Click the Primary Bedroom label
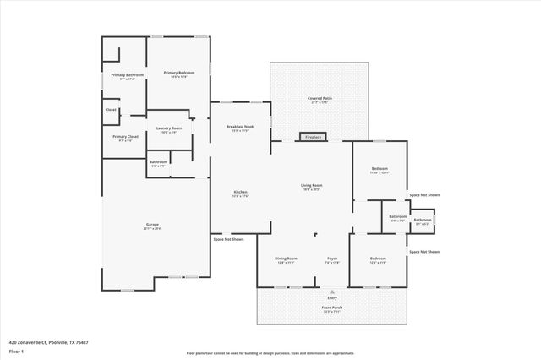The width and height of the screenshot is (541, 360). point(179,73)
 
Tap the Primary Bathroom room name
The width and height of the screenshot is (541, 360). point(128,75)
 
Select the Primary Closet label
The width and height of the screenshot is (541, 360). point(125,136)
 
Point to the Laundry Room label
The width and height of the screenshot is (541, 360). point(169,128)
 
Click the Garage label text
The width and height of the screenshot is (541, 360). point(151,224)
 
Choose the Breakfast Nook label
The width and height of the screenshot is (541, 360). point(241,127)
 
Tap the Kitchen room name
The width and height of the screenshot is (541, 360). point(241,192)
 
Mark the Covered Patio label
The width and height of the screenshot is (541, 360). point(320,99)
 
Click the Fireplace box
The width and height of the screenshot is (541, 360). point(314,136)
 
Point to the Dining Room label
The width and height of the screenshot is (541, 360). point(286,259)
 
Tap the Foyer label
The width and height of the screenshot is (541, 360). point(333,259)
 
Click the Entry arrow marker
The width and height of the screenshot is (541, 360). point(332,290)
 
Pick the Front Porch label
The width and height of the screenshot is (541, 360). point(332,307)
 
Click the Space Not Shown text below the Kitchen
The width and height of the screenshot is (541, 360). point(228,239)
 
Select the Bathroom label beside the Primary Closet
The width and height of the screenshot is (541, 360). point(158,161)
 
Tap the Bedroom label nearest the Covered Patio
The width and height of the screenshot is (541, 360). point(380,169)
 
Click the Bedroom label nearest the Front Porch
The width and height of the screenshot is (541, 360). point(377,259)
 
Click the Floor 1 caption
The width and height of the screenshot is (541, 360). point(15,350)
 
